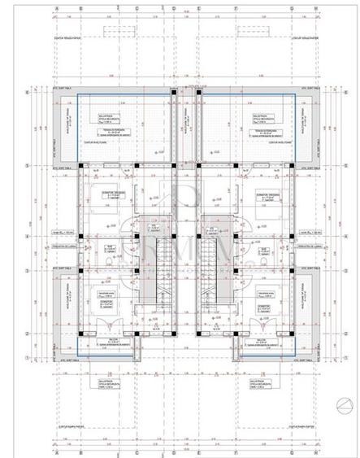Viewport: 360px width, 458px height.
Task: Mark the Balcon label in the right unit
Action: (261, 342)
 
